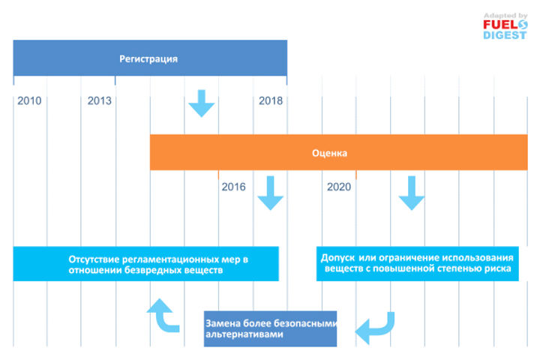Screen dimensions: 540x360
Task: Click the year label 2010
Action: pyautogui.click(x=29, y=100)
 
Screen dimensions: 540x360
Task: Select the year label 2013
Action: pyautogui.click(x=100, y=100)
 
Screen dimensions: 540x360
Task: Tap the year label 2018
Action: pyautogui.click(x=271, y=100)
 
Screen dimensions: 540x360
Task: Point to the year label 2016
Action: pyautogui.click(x=233, y=187)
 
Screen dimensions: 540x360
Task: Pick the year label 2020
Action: pyautogui.click(x=339, y=187)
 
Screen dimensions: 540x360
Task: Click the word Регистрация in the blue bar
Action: pyautogui.click(x=148, y=59)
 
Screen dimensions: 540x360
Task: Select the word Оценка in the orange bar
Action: pyautogui.click(x=329, y=153)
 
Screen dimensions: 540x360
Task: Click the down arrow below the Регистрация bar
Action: pyautogui.click(x=202, y=103)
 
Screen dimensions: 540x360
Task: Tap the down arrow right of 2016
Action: pyautogui.click(x=270, y=193)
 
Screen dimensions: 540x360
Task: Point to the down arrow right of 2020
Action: pyautogui.click(x=412, y=193)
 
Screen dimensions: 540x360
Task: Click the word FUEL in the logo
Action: pyautogui.click(x=501, y=25)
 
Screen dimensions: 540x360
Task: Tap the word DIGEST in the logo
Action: pyautogui.click(x=505, y=35)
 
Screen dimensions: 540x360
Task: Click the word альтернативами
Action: pyautogui.click(x=244, y=334)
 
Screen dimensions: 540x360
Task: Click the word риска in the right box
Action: pyautogui.click(x=498, y=268)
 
